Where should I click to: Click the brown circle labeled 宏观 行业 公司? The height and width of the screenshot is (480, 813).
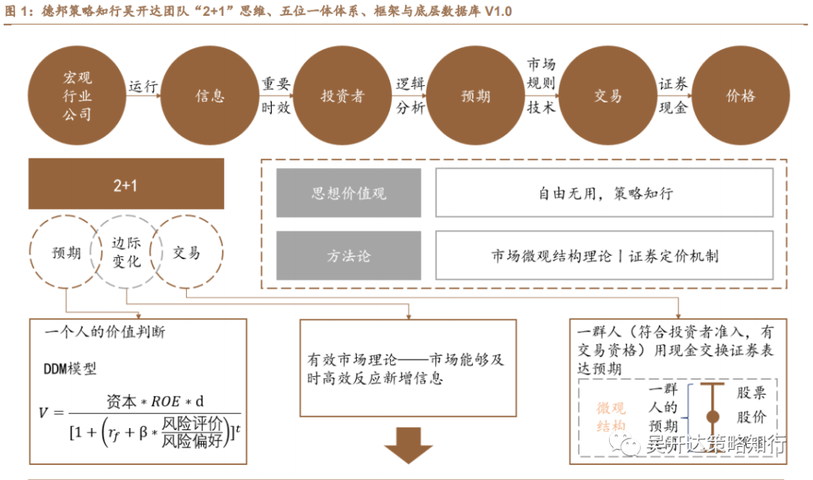click(x=77, y=96)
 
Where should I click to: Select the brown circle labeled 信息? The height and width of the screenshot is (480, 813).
click(x=210, y=96)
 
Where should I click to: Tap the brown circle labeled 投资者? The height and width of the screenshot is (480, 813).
click(x=343, y=96)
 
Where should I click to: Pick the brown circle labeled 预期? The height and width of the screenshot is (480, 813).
click(x=476, y=96)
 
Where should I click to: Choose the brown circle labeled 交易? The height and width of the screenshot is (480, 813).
click(x=607, y=96)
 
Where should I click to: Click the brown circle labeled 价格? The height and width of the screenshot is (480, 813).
click(x=741, y=96)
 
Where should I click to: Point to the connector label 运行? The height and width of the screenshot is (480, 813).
click(x=143, y=86)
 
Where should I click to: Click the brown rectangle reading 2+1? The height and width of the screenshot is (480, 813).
click(x=126, y=184)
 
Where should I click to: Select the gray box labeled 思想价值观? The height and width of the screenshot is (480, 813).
click(x=349, y=194)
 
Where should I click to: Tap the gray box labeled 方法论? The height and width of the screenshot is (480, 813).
click(x=349, y=255)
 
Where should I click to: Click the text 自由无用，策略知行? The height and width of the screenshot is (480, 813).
click(x=604, y=194)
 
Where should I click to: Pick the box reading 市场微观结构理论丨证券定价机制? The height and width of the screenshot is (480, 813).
click(x=604, y=255)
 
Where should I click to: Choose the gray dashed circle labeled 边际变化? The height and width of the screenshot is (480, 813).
click(x=126, y=252)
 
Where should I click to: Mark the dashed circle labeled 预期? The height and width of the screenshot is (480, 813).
click(x=67, y=253)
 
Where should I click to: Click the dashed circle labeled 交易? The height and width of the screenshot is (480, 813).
click(x=186, y=253)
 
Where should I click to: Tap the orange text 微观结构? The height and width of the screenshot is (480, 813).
click(x=611, y=417)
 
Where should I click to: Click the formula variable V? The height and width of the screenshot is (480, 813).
click(x=44, y=413)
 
